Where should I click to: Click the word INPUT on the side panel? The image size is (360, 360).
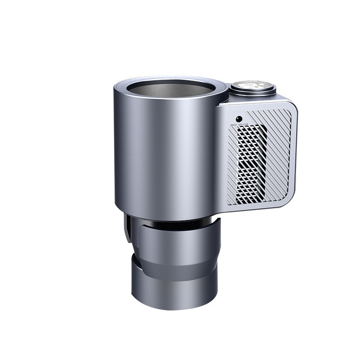234,124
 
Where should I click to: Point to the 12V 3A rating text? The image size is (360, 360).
243,124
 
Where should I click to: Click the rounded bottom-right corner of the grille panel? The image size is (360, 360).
291,200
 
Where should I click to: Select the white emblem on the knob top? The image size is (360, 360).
252,85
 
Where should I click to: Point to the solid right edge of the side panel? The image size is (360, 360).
296,153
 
